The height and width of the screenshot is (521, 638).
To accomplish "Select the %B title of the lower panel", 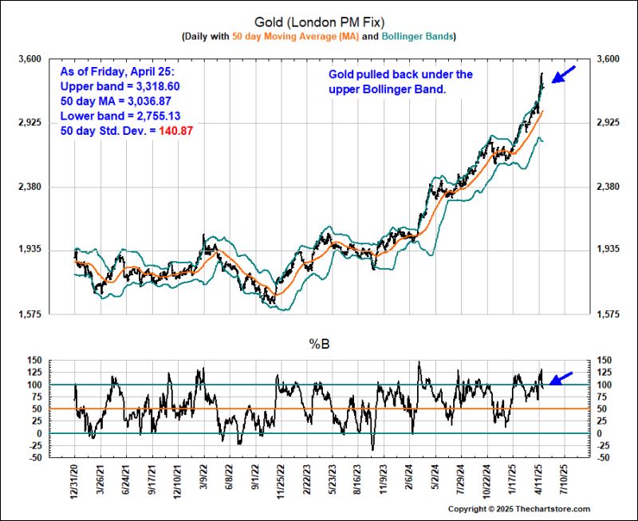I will (318, 344).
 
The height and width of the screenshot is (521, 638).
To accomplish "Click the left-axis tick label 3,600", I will (31, 59).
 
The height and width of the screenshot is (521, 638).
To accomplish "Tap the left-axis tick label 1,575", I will (31, 314).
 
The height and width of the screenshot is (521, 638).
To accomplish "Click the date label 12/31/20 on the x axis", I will (73, 484).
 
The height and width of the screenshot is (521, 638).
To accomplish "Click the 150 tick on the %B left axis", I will (34, 361).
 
